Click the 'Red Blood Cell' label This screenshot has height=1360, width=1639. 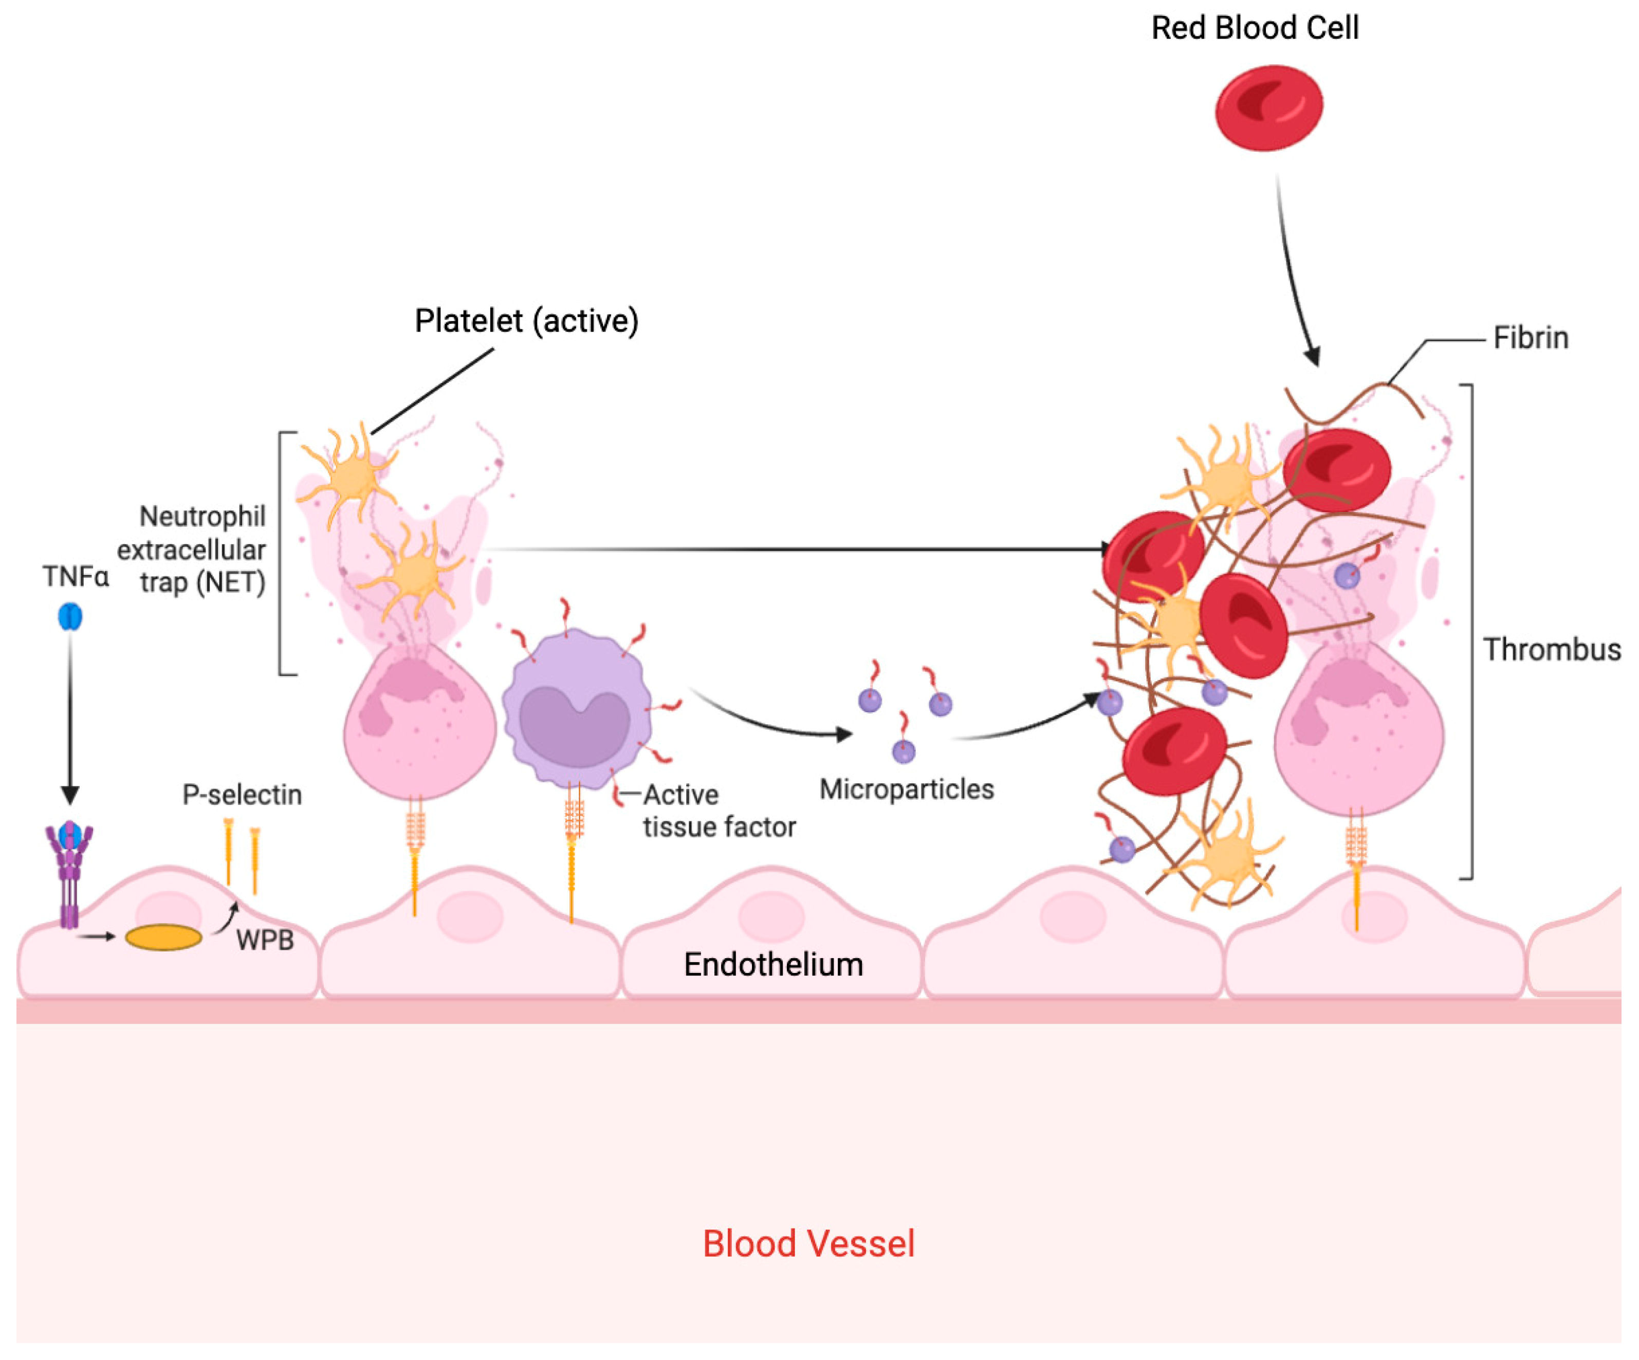1255,28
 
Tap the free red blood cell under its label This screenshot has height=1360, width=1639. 1269,108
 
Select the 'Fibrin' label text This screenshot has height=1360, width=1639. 1531,338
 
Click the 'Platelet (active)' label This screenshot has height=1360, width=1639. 526,321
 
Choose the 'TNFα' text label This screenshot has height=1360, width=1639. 76,576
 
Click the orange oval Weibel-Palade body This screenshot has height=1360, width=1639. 164,937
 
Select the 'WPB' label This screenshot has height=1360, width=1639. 265,940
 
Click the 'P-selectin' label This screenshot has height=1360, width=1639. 242,795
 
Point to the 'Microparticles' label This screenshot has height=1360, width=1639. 906,789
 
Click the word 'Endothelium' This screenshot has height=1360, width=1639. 774,965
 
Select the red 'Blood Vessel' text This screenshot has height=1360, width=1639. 808,1244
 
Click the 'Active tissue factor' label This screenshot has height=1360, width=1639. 719,811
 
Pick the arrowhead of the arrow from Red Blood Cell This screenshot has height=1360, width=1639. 1314,356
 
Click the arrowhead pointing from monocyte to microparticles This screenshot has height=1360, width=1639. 844,734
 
